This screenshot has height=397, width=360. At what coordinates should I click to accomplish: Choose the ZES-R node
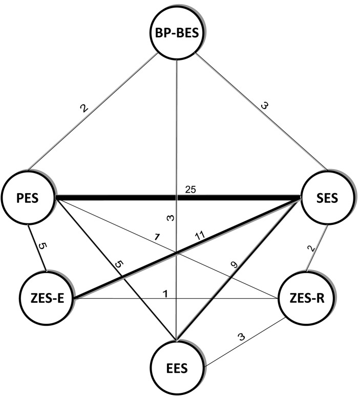pyautogui.click(x=305, y=299)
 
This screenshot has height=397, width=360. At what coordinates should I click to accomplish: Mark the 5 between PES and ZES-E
pyautogui.click(x=43, y=245)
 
